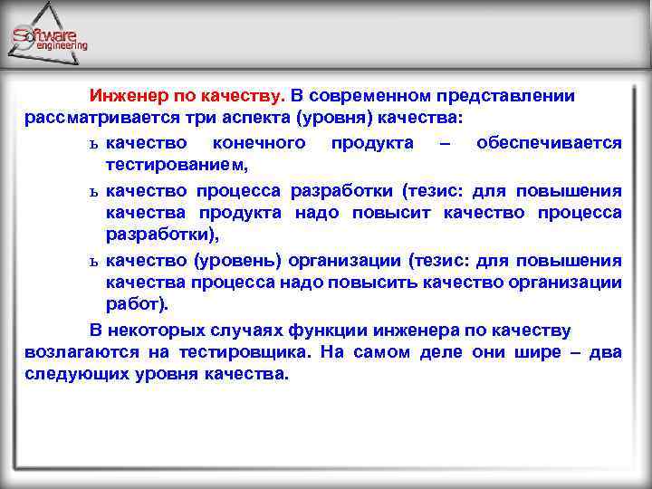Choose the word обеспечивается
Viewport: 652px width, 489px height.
549,143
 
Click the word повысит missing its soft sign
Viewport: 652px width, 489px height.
401,213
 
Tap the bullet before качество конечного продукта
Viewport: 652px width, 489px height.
93,144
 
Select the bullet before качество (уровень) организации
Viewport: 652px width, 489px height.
93,262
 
